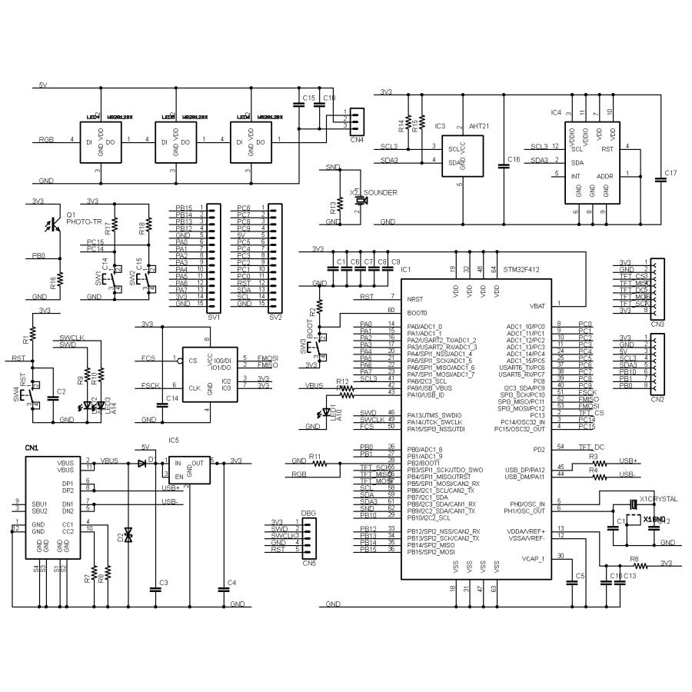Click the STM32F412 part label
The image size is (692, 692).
(526, 270)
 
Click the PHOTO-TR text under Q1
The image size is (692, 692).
(84, 221)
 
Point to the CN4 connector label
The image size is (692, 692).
(356, 140)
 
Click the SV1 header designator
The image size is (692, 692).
(214, 316)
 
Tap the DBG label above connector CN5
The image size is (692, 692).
(308, 511)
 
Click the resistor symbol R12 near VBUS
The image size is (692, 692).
(347, 390)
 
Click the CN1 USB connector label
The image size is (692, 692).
(32, 447)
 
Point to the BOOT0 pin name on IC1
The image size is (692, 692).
(417, 313)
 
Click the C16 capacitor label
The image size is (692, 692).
(514, 160)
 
